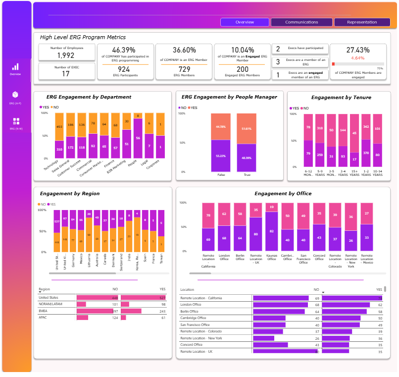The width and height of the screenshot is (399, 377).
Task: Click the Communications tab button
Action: (301, 22)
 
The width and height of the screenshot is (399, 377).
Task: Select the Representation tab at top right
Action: (362, 22)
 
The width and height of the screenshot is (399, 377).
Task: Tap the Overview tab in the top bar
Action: (245, 22)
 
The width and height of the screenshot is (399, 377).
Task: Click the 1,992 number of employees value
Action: (66, 55)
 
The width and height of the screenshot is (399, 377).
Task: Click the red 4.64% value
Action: (358, 58)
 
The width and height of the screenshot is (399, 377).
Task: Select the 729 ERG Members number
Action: (184, 69)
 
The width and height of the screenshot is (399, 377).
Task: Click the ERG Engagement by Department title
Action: (89, 97)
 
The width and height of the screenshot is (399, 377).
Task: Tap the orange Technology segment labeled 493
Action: (59, 126)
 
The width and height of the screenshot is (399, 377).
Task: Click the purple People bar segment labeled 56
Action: (138, 138)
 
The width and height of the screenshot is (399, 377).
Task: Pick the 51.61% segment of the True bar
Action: (246, 129)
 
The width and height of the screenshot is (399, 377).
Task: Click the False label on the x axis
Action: (220, 175)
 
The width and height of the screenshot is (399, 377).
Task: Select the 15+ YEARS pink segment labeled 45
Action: (354, 133)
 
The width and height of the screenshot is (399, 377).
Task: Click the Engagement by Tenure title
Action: (341, 97)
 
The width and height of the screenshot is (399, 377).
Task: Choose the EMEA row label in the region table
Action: (44, 311)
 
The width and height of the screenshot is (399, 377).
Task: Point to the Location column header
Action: (187, 289)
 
